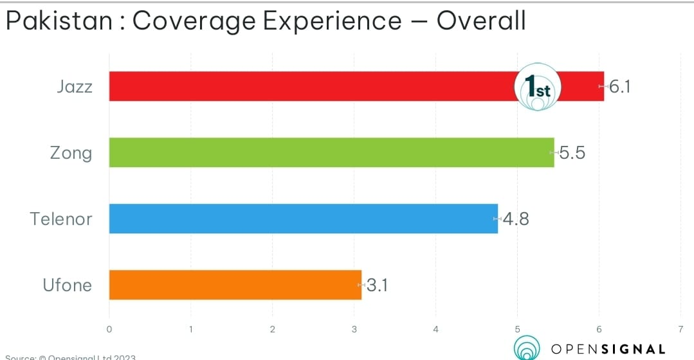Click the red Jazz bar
click(309, 86)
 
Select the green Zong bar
click(331, 152)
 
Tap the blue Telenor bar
click(303, 219)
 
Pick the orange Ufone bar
click(235, 285)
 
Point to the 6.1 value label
click(619, 87)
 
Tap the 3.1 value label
click(377, 285)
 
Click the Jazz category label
click(75, 87)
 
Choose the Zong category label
click(71, 153)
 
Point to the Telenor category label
click(62, 219)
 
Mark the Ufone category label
click(68, 285)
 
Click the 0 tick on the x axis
click(109, 329)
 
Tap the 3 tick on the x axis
click(354, 329)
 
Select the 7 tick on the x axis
click(680, 329)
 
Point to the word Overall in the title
click(481, 22)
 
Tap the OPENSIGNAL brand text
click(607, 350)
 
